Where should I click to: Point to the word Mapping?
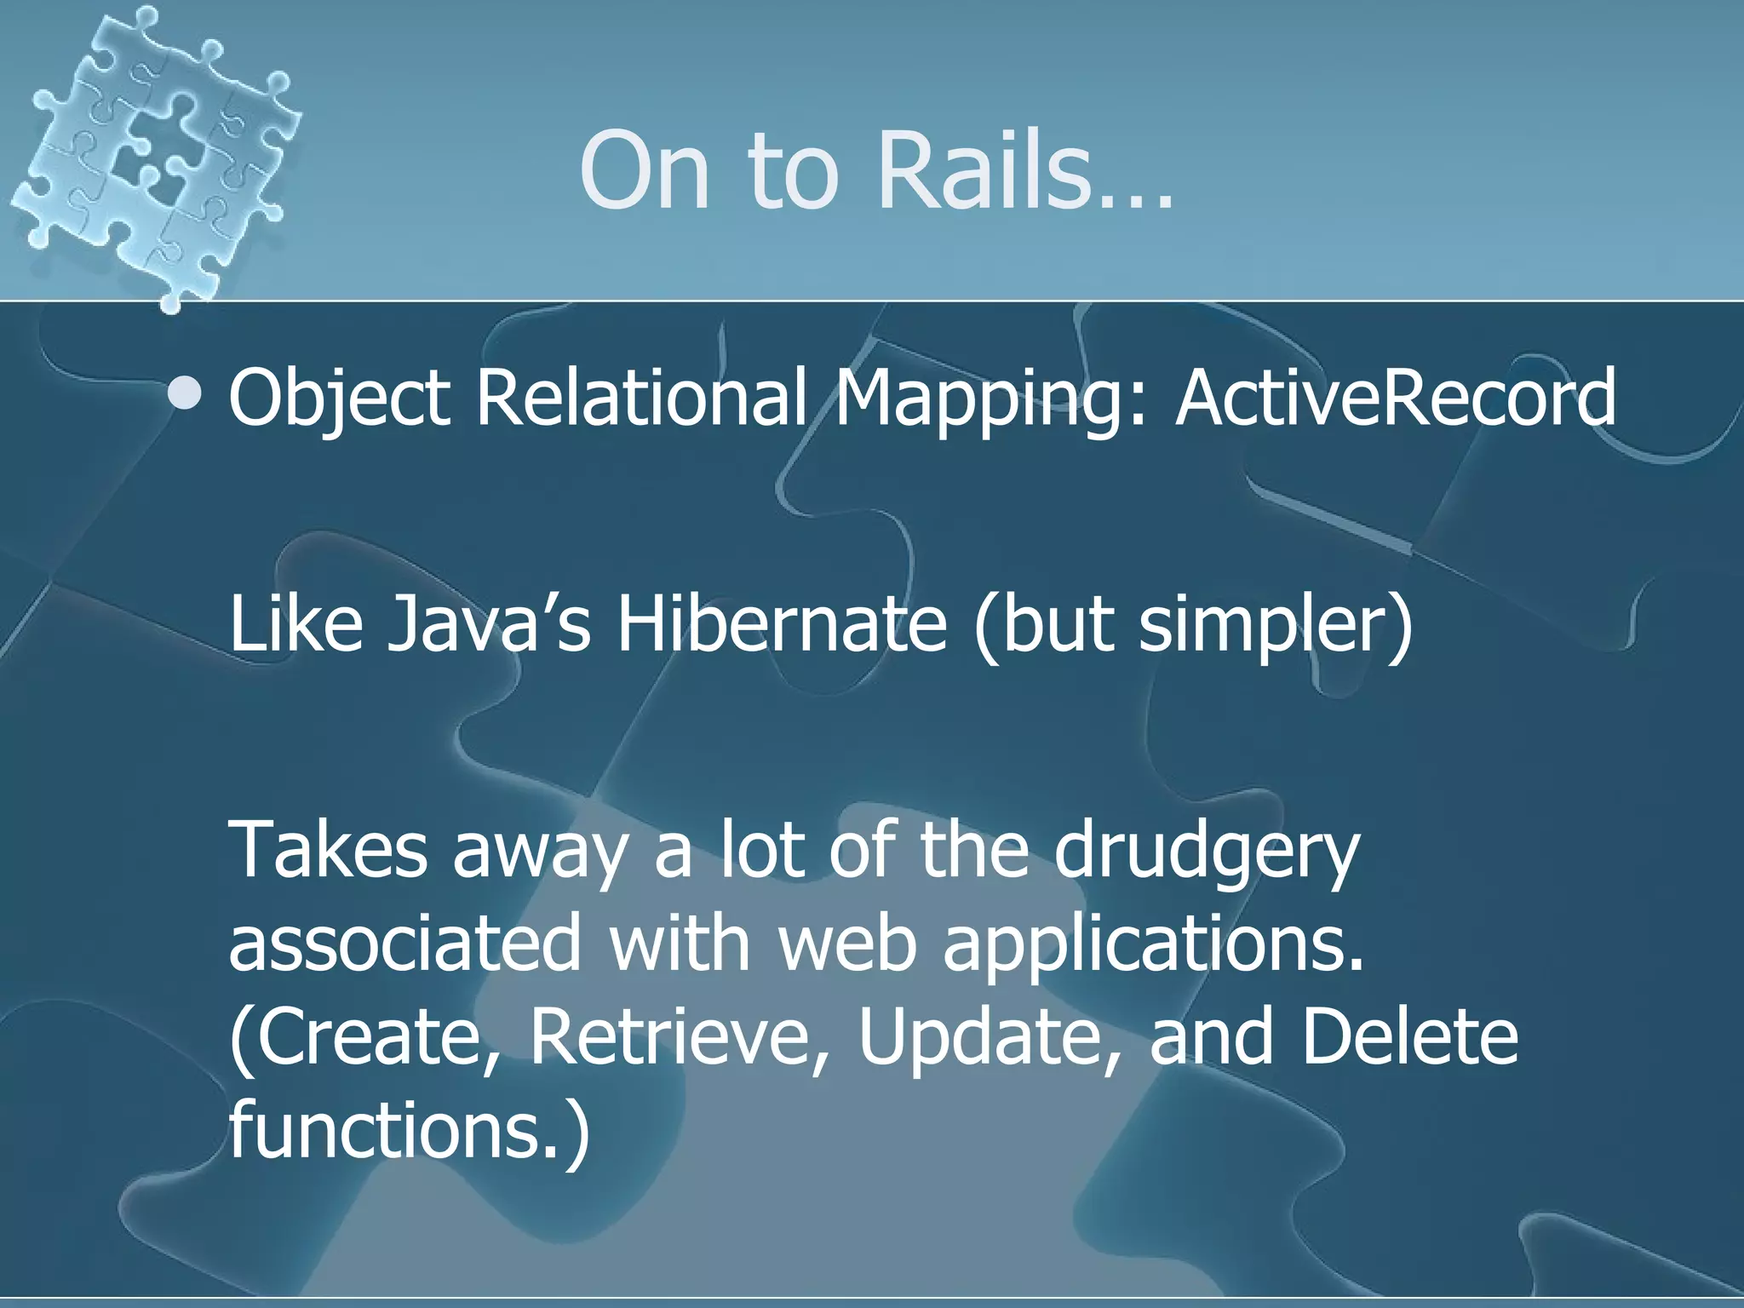tap(989, 400)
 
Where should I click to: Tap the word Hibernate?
tap(781, 623)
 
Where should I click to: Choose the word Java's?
tap(488, 623)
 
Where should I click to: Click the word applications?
tap(1153, 945)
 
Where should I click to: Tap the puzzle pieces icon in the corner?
tap(158, 153)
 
